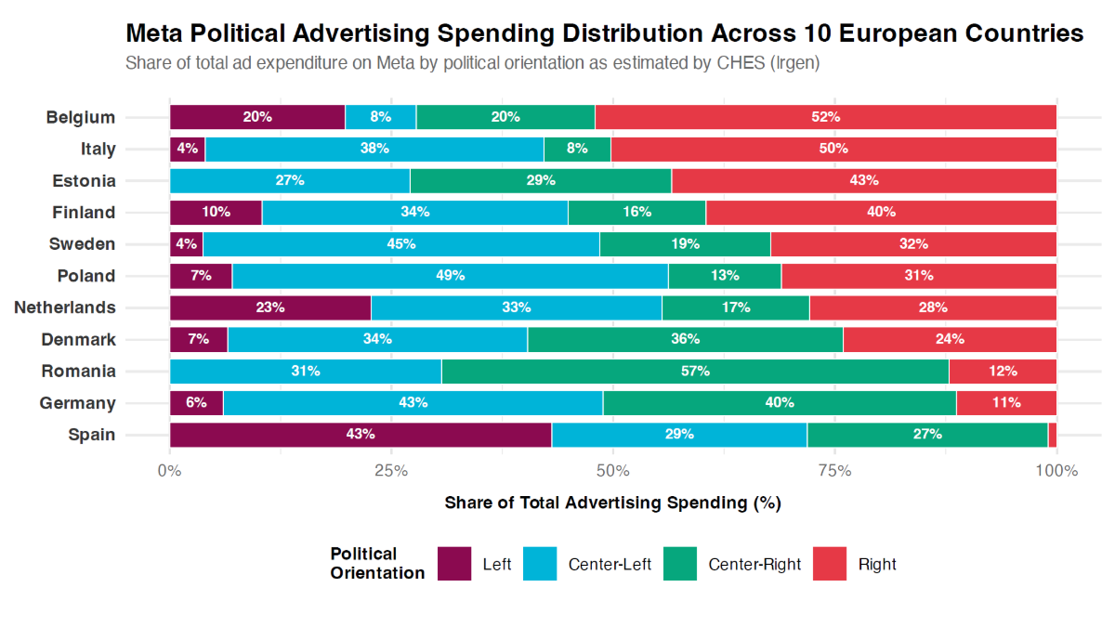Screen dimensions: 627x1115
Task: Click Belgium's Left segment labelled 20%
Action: tap(257, 117)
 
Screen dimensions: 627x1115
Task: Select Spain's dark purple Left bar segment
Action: tap(361, 434)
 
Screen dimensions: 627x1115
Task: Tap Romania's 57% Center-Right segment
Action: tap(695, 371)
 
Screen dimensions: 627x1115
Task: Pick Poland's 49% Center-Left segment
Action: tap(450, 276)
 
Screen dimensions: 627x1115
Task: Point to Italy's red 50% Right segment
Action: tap(833, 149)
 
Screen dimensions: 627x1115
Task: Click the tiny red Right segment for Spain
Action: tap(1053, 434)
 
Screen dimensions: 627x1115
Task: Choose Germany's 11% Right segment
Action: tap(1006, 402)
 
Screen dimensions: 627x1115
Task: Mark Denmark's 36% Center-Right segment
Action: tap(686, 339)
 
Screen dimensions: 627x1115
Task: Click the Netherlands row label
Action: tap(65, 307)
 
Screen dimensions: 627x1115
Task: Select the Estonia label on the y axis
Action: tap(84, 180)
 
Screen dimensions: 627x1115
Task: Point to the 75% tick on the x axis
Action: tap(834, 471)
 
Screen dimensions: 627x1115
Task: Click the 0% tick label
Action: tap(169, 471)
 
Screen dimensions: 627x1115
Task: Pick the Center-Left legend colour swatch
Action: tap(540, 564)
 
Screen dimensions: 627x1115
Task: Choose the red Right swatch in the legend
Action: tap(830, 564)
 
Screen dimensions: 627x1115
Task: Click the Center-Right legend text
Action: tap(754, 564)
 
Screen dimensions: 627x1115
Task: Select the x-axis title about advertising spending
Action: tap(612, 503)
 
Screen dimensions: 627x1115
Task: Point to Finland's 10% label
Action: tap(216, 212)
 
